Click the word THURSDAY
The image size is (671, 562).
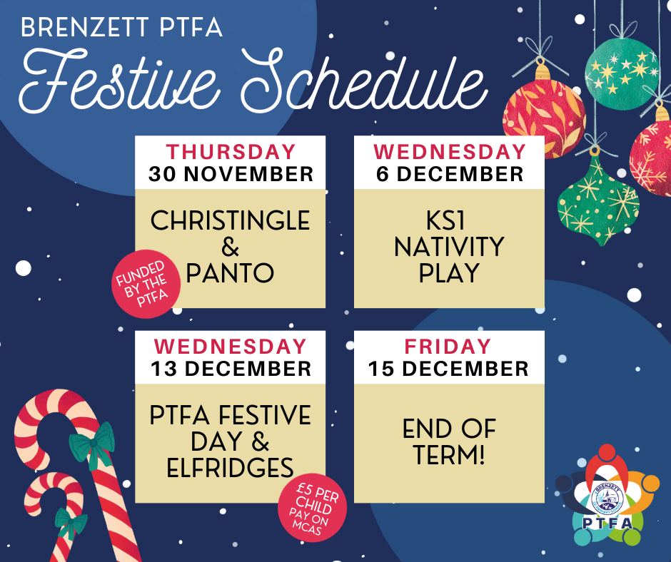pos(231,152)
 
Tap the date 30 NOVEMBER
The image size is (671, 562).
pos(231,174)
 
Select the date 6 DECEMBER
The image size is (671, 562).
pos(449,174)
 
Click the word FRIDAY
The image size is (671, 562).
pos(448,347)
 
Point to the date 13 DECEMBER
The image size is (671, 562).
pos(231,369)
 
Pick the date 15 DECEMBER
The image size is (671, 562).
pos(448,369)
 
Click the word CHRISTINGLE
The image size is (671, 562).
pos(231,220)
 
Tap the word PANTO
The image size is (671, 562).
pos(230,273)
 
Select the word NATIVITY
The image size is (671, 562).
pos(449,247)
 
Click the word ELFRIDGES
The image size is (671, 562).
pos(231,467)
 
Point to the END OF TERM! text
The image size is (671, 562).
pos(449,441)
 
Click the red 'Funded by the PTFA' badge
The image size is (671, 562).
pos(145,284)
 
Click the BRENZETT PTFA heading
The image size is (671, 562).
pos(121,27)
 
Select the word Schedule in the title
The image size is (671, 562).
pos(364,81)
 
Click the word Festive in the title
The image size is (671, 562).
pos(120,81)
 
